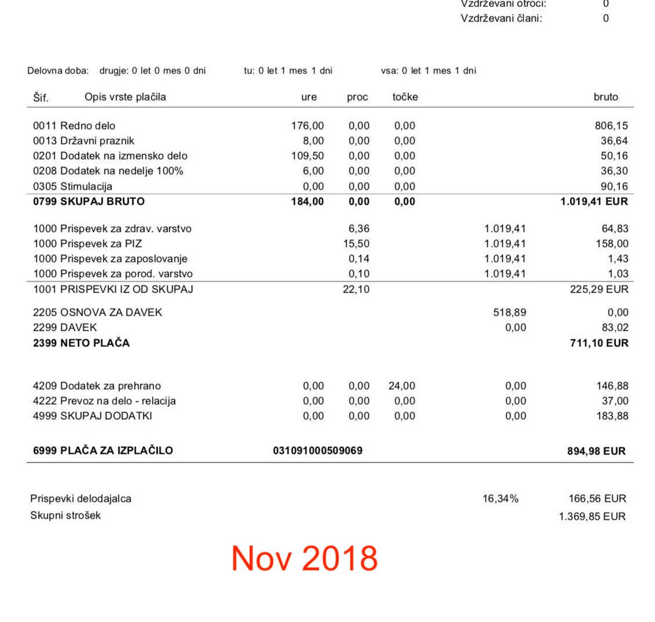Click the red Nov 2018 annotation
tap(304, 558)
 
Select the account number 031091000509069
tap(317, 450)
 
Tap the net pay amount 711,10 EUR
tap(597, 343)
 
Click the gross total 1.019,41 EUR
tap(594, 202)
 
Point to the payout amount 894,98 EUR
tap(596, 451)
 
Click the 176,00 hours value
tap(308, 125)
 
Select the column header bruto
tap(606, 97)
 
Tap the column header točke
tap(405, 97)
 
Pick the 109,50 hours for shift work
tap(308, 155)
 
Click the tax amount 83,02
tap(615, 327)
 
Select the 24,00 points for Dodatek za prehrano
tap(402, 386)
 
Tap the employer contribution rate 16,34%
tap(501, 498)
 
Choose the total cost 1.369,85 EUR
tap(592, 516)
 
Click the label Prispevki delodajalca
tap(80, 498)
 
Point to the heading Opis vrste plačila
tap(125, 97)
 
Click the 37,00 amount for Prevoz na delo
tap(615, 401)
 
